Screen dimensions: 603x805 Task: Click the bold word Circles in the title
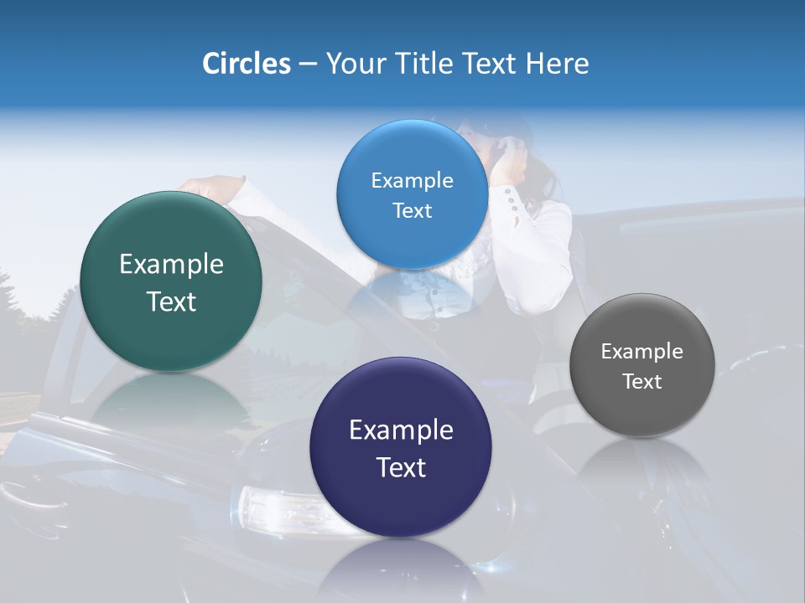pyautogui.click(x=246, y=64)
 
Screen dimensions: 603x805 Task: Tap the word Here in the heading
pyautogui.click(x=557, y=64)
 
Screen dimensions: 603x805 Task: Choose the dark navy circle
pyautogui.click(x=401, y=502)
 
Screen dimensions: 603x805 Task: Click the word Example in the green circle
pyautogui.click(x=171, y=265)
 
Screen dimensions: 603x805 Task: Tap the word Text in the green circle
pyautogui.click(x=171, y=301)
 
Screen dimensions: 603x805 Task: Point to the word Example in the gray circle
pyautogui.click(x=641, y=352)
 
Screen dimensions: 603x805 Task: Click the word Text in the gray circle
pyautogui.click(x=641, y=382)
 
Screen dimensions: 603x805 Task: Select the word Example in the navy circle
pyautogui.click(x=401, y=430)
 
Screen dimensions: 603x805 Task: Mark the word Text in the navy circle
pyautogui.click(x=401, y=467)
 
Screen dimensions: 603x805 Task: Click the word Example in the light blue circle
pyautogui.click(x=412, y=181)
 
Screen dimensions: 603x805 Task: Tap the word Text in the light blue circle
pyautogui.click(x=412, y=211)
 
